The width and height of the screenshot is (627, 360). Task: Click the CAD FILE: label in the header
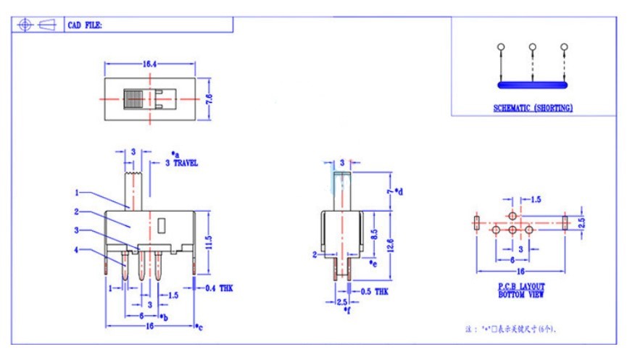85,25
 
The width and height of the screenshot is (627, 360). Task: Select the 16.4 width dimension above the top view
150,64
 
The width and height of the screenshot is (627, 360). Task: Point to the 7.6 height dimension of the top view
209,97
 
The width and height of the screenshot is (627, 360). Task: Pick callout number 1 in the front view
76,193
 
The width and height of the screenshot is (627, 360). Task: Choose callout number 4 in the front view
76,251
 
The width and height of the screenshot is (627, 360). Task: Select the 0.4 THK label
219,288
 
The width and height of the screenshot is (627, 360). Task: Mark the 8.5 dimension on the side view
373,235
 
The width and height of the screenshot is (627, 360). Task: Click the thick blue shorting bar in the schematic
533,85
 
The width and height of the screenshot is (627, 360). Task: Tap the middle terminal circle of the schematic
533,47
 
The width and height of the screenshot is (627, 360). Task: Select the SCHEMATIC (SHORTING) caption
533,108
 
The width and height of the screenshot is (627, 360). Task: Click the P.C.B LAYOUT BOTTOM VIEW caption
521,290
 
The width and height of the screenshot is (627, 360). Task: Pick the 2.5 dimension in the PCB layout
581,223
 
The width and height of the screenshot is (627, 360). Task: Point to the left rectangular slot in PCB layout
476,222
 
